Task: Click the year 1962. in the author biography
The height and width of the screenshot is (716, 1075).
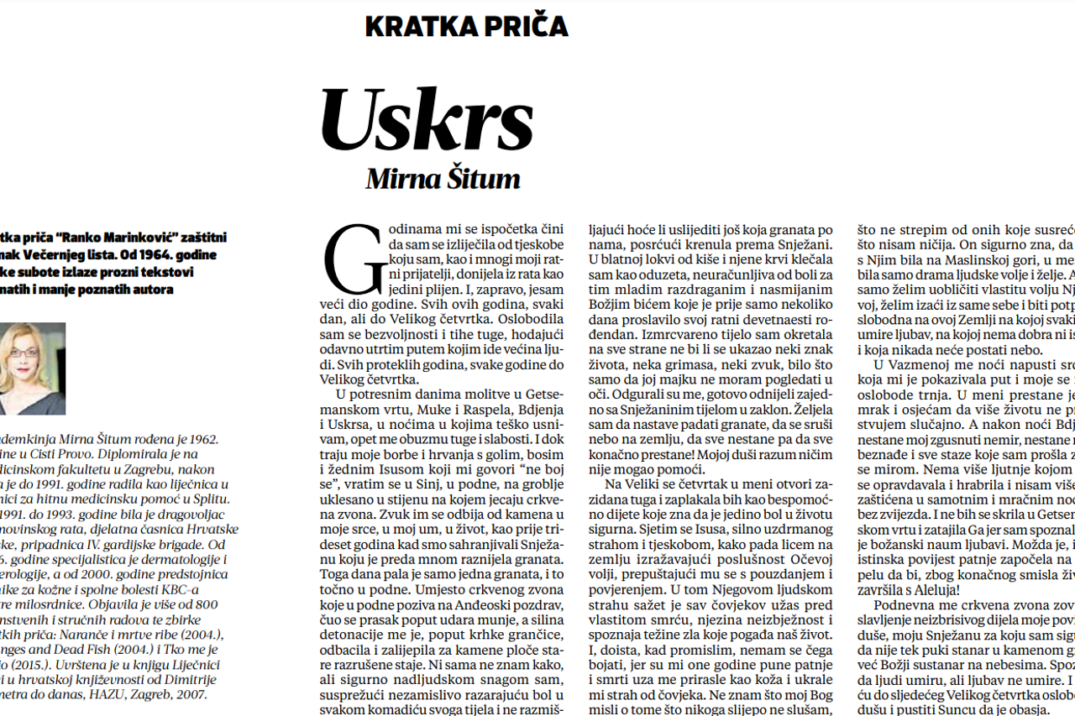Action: pyautogui.click(x=202, y=438)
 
